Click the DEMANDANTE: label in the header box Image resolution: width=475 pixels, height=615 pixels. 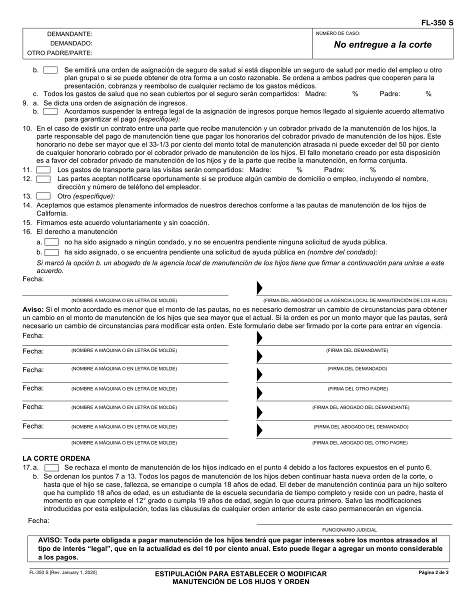click(x=69, y=34)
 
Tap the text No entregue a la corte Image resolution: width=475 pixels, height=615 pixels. click(x=382, y=44)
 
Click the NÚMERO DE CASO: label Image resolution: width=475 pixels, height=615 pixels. click(x=337, y=33)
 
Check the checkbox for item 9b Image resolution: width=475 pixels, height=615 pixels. click(x=50, y=111)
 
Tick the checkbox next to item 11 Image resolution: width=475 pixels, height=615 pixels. click(x=43, y=170)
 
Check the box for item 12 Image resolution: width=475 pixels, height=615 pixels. click(x=43, y=179)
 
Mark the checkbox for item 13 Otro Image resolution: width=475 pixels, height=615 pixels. click(x=43, y=196)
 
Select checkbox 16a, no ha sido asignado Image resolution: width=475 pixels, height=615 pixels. click(x=51, y=242)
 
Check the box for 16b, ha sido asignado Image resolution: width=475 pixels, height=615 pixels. click(x=51, y=252)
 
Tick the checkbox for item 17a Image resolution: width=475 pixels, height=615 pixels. click(x=51, y=467)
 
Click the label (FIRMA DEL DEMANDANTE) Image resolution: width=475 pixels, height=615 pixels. click(x=357, y=350)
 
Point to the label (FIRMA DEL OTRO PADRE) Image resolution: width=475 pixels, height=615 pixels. click(x=357, y=388)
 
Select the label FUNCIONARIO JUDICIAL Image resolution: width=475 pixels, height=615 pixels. click(x=349, y=529)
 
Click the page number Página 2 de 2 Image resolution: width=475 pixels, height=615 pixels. click(x=433, y=572)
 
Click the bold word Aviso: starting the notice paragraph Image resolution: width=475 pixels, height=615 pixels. click(x=33, y=309)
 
